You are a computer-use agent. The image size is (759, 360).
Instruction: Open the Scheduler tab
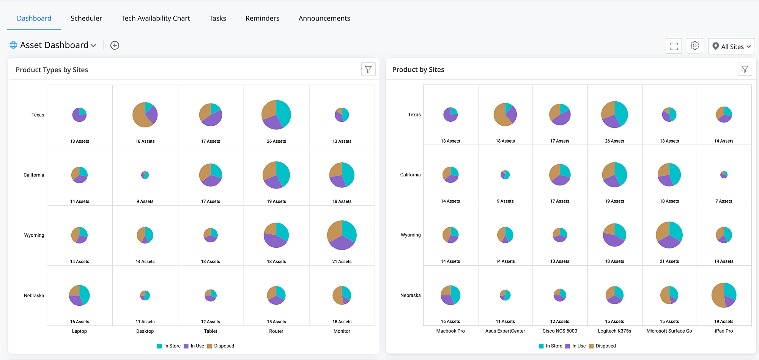[86, 18]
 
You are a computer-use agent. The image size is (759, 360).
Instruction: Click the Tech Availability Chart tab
[156, 18]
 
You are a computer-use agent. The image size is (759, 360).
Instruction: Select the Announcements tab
[324, 18]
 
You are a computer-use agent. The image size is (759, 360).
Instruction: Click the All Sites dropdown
[731, 46]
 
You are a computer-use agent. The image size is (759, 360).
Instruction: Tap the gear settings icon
[695, 46]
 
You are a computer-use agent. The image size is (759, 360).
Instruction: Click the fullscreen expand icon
[674, 46]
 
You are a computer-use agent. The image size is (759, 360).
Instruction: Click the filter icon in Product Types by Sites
[368, 69]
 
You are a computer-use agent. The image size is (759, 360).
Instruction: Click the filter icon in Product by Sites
[745, 69]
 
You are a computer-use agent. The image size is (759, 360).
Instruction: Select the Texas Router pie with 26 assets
[276, 115]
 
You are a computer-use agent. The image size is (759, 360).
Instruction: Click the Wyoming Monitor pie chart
[342, 235]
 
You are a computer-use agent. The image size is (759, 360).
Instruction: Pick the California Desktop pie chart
[145, 175]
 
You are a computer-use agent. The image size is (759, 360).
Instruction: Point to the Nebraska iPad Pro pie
[724, 295]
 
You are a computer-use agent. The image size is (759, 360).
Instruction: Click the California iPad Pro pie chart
[724, 174]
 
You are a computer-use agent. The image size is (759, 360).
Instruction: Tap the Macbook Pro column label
[450, 331]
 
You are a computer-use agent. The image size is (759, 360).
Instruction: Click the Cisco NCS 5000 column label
[560, 331]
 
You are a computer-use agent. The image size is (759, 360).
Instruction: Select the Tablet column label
[211, 331]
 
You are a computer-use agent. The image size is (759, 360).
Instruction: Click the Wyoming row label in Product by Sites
[411, 235]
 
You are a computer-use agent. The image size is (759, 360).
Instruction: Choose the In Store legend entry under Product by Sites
[551, 346]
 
